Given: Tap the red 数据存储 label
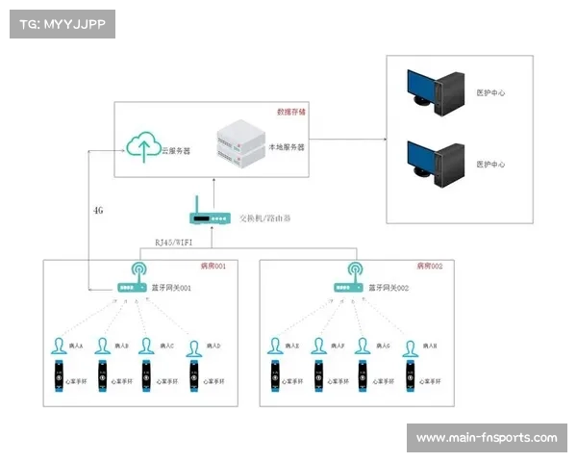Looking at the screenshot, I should (290, 112).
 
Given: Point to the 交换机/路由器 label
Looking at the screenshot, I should (264, 218).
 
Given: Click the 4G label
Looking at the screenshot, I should (98, 210).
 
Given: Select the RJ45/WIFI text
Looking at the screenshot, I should (173, 243).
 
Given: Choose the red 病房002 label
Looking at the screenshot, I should (430, 266).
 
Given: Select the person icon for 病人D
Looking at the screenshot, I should (193, 346).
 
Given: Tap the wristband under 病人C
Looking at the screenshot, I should (146, 378).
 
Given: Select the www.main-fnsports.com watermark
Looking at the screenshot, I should (486, 438).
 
